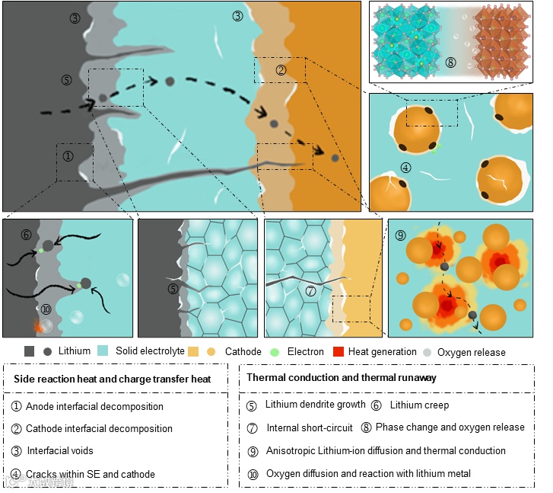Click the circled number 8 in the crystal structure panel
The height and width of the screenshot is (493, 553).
(451, 62)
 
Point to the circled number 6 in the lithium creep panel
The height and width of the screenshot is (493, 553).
(26, 235)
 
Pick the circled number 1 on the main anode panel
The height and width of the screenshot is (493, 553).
(68, 155)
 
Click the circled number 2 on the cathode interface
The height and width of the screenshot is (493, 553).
(281, 70)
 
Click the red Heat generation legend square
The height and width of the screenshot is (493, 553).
(339, 352)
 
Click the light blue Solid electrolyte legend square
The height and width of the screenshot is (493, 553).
(105, 352)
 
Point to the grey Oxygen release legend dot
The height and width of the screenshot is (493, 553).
(427, 352)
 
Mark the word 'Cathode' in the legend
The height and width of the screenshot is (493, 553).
(243, 352)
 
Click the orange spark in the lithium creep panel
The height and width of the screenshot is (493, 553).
(38, 326)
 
